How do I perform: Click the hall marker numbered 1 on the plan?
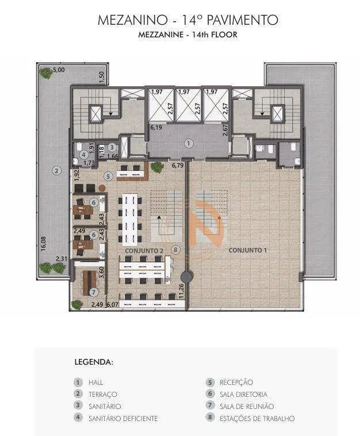[189, 143]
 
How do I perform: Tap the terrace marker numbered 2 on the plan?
[57, 170]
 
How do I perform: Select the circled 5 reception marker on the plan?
[108, 176]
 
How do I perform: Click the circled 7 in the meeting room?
[93, 292]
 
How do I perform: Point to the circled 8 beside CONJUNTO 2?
[175, 250]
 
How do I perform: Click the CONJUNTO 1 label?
[247, 250]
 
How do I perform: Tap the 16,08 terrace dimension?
[43, 243]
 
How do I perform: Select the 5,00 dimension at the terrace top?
[59, 70]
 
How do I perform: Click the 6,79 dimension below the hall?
[177, 166]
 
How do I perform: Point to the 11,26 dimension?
[181, 291]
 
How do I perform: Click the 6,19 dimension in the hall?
[156, 128]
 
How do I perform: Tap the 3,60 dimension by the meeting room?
[102, 272]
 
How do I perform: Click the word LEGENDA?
[94, 362]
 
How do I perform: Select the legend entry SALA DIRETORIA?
[243, 394]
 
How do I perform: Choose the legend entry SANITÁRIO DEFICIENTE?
[123, 418]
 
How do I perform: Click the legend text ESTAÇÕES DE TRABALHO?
[257, 418]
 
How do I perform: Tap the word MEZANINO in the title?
[133, 20]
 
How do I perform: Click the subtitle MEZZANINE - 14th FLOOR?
[188, 35]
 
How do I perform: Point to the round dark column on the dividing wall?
[186, 277]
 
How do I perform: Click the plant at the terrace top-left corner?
[46, 73]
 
